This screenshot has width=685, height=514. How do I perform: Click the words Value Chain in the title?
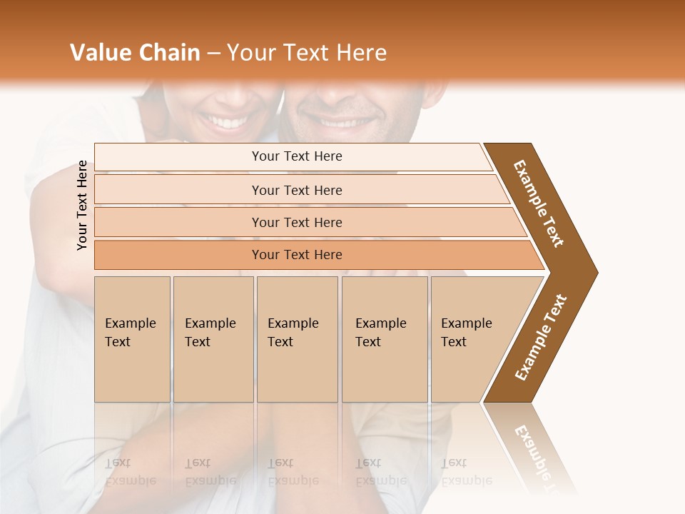(135, 53)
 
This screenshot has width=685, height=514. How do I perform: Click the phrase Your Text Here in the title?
(307, 53)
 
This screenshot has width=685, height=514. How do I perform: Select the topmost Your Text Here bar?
(297, 156)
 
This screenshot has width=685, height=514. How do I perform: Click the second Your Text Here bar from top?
(297, 190)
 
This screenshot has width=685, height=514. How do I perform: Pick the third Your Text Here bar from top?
(297, 222)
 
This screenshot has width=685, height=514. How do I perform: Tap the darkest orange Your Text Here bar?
(297, 255)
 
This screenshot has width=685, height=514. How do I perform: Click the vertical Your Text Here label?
(83, 205)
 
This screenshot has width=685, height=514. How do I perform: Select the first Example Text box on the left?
(132, 339)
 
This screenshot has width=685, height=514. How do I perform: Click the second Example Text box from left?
(213, 339)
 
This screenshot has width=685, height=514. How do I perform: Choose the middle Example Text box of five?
(297, 339)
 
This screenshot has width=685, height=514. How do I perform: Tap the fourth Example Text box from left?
(384, 339)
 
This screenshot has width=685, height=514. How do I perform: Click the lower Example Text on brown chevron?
(541, 337)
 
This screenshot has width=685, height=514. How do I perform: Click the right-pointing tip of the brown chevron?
(594, 272)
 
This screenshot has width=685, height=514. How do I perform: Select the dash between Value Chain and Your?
(213, 53)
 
